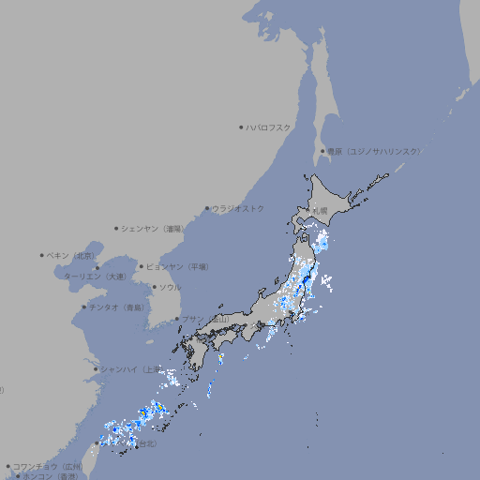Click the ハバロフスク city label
click(x=269, y=127)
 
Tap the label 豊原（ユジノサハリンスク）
click(x=373, y=151)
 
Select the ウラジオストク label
click(x=238, y=208)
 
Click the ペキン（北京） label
click(x=72, y=255)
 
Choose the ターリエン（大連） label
click(x=95, y=277)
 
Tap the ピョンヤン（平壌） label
click(x=177, y=266)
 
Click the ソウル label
click(x=170, y=287)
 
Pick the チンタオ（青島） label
click(x=116, y=307)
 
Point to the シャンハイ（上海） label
click(x=128, y=368)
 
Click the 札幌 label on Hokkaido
click(x=321, y=210)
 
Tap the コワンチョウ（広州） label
click(x=47, y=466)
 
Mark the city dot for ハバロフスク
click(x=241, y=127)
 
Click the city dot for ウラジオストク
click(x=207, y=208)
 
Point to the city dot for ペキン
click(x=42, y=255)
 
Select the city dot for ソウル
click(x=154, y=287)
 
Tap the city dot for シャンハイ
click(x=96, y=368)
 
